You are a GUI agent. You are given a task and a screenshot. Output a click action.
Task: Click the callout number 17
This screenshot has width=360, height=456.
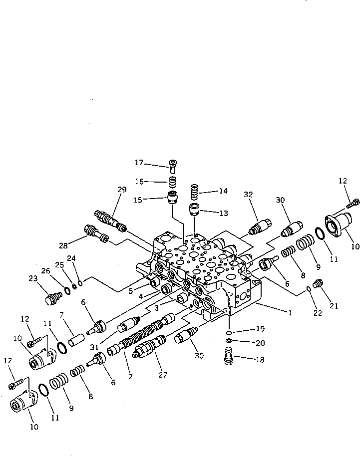139,162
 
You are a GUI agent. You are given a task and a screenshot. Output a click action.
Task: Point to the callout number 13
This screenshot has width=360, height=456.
223,213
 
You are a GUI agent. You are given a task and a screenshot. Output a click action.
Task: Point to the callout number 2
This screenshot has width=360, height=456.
130,376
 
